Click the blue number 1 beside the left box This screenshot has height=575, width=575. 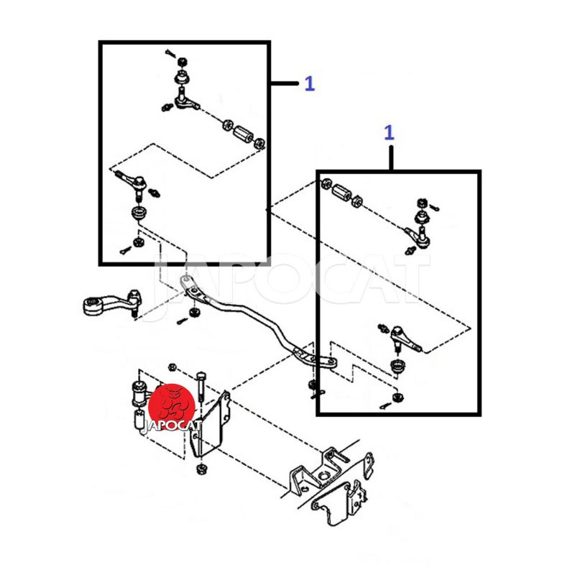coord(310,83)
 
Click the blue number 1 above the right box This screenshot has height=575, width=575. coord(389,133)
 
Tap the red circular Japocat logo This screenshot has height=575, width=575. coord(171,407)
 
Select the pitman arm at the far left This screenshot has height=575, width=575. coord(110,303)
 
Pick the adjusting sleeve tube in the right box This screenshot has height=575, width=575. coord(342,192)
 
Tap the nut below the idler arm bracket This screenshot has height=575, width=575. coord(201,469)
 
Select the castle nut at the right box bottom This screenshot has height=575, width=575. coord(397,397)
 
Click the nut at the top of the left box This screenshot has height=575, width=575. coord(182,62)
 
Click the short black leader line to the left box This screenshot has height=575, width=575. coord(285,83)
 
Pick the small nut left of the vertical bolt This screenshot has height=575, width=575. coord(172,367)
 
